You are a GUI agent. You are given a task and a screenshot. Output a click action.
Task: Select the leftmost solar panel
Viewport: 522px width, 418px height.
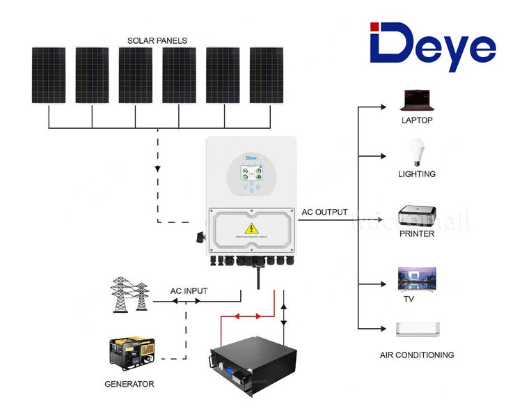tap(49, 75)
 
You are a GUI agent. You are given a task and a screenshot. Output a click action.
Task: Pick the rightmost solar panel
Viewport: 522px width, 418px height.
tap(267, 75)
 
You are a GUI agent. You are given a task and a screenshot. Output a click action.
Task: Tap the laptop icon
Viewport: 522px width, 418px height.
tap(417, 100)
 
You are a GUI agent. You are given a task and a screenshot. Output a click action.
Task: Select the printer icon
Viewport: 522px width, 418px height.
tap(417, 212)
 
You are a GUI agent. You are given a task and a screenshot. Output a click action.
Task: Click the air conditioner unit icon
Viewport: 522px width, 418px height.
tap(417, 329)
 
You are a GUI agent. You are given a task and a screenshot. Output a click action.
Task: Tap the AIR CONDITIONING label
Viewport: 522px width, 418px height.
tap(417, 355)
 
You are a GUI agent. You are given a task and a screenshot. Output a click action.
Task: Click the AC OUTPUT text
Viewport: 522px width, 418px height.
tap(324, 212)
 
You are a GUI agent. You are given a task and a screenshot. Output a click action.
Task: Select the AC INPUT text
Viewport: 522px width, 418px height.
tap(189, 291)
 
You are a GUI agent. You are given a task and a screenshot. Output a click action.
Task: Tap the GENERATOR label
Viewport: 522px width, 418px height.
tap(129, 384)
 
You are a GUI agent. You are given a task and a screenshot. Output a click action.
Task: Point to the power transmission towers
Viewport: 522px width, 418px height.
tap(129, 294)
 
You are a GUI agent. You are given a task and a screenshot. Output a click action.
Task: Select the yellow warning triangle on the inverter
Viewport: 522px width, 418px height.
tap(248, 229)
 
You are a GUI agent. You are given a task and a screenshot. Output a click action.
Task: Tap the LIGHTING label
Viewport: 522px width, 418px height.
tap(417, 174)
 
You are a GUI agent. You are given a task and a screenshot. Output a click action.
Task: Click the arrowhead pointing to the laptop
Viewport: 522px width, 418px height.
tap(382, 107)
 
